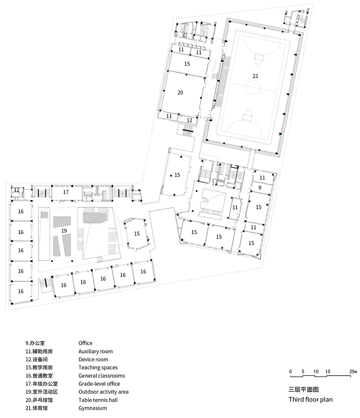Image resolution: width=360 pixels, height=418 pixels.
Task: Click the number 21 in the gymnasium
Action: pyautogui.click(x=255, y=76)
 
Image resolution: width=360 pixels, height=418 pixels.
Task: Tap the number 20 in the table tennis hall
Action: pyautogui.click(x=180, y=92)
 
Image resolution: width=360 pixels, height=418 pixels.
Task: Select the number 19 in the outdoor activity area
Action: pyautogui.click(x=64, y=231)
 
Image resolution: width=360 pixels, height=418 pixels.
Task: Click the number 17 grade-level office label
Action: pyautogui.click(x=66, y=192)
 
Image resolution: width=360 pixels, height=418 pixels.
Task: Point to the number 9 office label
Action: pyautogui.click(x=259, y=187)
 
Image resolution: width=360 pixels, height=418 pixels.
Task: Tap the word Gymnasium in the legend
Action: pyautogui.click(x=92, y=408)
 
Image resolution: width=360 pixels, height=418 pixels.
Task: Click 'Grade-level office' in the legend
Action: pyautogui.click(x=99, y=384)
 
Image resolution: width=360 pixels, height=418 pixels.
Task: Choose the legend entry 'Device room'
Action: pyautogui.click(x=93, y=360)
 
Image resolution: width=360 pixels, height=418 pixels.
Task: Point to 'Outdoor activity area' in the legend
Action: pyautogui.click(x=103, y=392)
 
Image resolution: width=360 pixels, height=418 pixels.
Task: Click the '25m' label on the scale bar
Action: pyautogui.click(x=353, y=372)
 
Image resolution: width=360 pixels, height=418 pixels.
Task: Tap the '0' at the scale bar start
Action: pyautogui.click(x=290, y=372)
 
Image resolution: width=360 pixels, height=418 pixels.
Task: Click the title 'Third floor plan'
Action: pyautogui.click(x=310, y=399)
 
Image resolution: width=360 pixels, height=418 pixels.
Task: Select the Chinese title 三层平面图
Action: pyautogui.click(x=303, y=390)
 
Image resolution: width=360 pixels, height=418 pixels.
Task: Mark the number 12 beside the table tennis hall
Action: pyautogui.click(x=189, y=120)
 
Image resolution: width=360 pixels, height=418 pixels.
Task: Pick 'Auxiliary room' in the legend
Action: pyautogui.click(x=95, y=351)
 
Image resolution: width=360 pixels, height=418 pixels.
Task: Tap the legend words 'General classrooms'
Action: pyautogui.click(x=102, y=376)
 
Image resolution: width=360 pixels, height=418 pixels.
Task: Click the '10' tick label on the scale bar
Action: pyautogui.click(x=316, y=372)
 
